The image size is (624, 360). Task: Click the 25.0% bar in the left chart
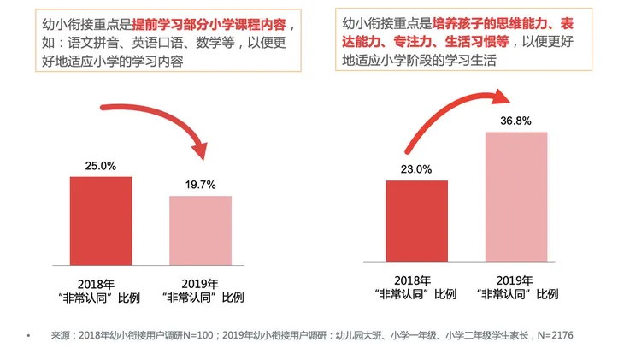point(101,221)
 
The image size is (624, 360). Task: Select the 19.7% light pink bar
point(201,231)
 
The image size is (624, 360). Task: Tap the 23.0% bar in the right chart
point(416,221)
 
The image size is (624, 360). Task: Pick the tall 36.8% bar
point(516,197)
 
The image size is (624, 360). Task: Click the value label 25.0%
point(101,166)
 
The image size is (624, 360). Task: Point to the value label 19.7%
point(201,185)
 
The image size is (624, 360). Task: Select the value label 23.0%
point(416,169)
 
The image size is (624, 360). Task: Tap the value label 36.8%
point(515,121)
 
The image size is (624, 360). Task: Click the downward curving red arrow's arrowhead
point(200,150)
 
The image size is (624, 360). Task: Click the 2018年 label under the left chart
point(96,285)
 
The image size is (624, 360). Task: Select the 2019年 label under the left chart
point(200,284)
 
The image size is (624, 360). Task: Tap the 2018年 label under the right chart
point(413,280)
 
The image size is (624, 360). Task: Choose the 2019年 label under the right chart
point(515,280)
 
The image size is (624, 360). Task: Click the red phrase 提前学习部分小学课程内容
point(209,25)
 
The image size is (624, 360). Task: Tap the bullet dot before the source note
point(28,336)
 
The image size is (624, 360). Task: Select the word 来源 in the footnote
point(61,335)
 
